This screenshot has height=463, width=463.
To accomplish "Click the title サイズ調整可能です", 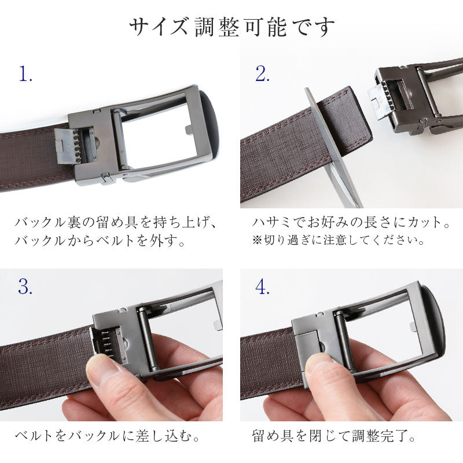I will [231, 26].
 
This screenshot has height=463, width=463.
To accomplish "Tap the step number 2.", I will [262, 74].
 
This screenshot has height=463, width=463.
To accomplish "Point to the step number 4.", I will [262, 286].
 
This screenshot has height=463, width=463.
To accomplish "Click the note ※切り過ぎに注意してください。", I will [339, 239].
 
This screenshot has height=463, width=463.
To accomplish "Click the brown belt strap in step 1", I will [29, 156].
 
